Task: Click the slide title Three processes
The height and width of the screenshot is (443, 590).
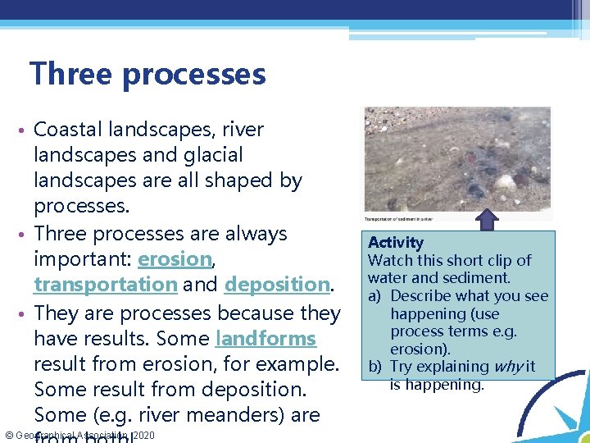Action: [x=147, y=74]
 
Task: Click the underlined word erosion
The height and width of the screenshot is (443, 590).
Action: [x=175, y=259]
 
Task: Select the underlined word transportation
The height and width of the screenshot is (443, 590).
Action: [x=105, y=285]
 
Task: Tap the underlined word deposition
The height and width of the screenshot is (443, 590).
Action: [x=276, y=285]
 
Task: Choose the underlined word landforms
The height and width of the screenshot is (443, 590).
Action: [x=265, y=338]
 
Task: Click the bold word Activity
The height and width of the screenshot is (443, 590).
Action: [x=396, y=242]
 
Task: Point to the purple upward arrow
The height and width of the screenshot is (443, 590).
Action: [x=488, y=220]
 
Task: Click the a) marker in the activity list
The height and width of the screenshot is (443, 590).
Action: [x=375, y=296]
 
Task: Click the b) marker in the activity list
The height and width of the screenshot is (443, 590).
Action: [x=375, y=367]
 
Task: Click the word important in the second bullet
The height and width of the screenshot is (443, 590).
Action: [x=80, y=259]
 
